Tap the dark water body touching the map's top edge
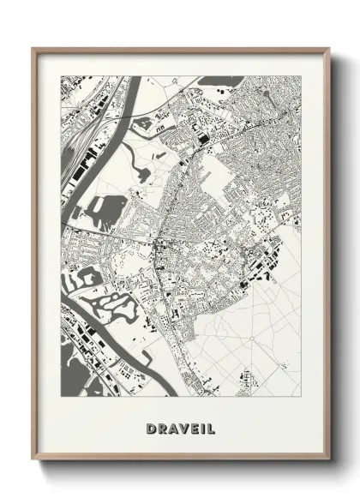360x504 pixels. pyautogui.click(x=215, y=81)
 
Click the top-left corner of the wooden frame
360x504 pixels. pyautogui.click(x=33, y=49)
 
